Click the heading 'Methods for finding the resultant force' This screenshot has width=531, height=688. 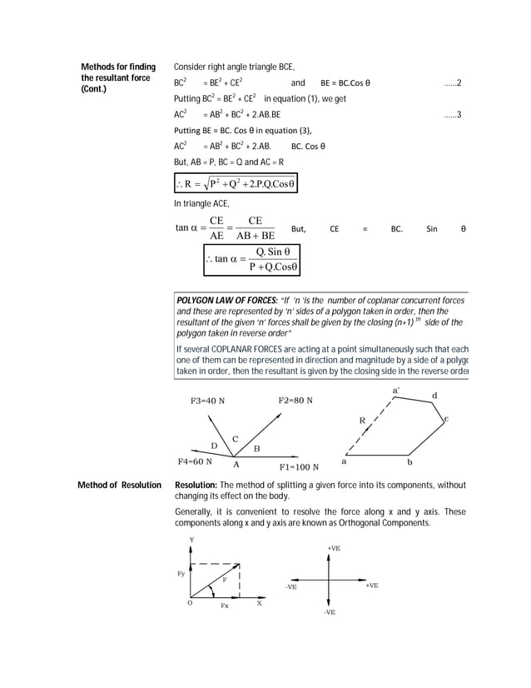click(x=117, y=77)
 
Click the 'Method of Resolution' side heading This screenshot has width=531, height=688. click(x=118, y=485)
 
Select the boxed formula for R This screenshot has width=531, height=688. click(x=236, y=183)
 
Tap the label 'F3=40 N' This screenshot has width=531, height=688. click(x=207, y=401)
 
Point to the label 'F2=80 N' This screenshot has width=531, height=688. click(x=295, y=401)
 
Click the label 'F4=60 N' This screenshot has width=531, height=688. click(x=195, y=461)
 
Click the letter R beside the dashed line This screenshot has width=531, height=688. click(x=361, y=420)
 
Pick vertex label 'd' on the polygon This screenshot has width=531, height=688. click(x=434, y=394)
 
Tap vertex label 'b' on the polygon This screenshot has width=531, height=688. click(x=409, y=461)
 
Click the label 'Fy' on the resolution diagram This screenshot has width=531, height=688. click(x=182, y=575)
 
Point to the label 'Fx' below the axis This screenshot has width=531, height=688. click(x=225, y=606)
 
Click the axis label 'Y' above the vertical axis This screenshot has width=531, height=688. click(x=192, y=540)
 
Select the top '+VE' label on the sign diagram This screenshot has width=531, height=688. click(x=333, y=548)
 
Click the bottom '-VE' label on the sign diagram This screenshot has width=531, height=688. click(x=330, y=612)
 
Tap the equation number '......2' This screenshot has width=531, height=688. click(x=452, y=83)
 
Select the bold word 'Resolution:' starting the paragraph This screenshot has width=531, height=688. click(x=196, y=485)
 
